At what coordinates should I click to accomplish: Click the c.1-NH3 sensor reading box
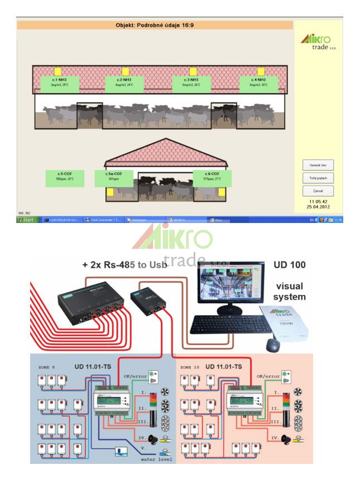[x=59, y=84]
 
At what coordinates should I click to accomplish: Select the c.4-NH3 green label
[x=258, y=84]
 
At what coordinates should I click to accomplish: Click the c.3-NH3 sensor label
[x=192, y=84]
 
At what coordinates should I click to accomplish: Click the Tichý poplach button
[x=318, y=178]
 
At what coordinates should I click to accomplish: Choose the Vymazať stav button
[x=318, y=166]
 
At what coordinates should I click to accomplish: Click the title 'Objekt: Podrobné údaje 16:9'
[x=155, y=25]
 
